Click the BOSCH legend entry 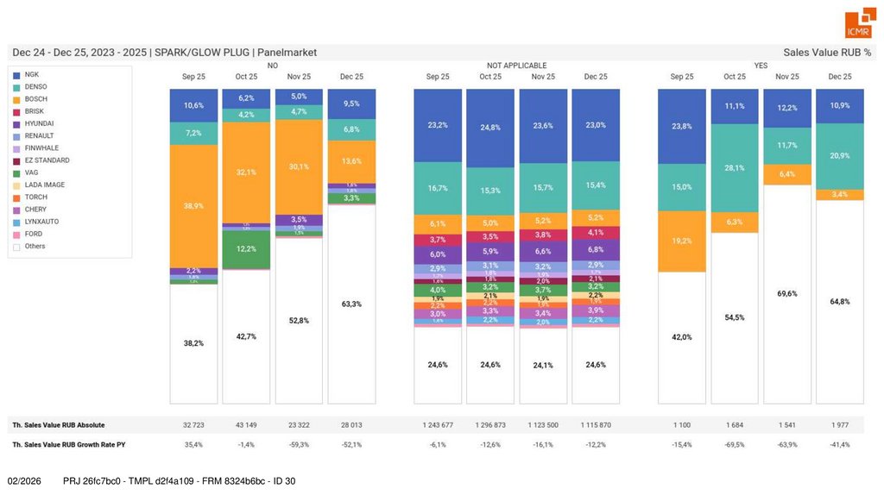pyautogui.click(x=35, y=99)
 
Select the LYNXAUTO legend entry pyautogui.click(x=41, y=222)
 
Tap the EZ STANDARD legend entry pyautogui.click(x=47, y=160)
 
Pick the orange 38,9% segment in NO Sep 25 pyautogui.click(x=193, y=206)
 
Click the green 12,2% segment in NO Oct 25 pyautogui.click(x=246, y=249)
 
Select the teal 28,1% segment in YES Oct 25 pyautogui.click(x=735, y=168)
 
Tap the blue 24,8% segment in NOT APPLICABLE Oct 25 pyautogui.click(x=490, y=128)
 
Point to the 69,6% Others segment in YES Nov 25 pyautogui.click(x=787, y=293)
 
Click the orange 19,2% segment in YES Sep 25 pyautogui.click(x=682, y=241)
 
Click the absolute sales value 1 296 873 pyautogui.click(x=490, y=425)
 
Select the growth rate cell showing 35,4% pyautogui.click(x=193, y=444)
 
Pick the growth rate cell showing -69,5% pyautogui.click(x=735, y=444)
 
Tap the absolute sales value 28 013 pyautogui.click(x=351, y=425)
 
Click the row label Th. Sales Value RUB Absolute pyautogui.click(x=59, y=425)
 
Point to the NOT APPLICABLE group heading pyautogui.click(x=516, y=66)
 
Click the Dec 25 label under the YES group pyautogui.click(x=840, y=77)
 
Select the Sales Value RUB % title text pyautogui.click(x=827, y=52)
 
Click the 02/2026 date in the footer pyautogui.click(x=24, y=480)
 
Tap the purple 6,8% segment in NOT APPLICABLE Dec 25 pyautogui.click(x=596, y=250)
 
